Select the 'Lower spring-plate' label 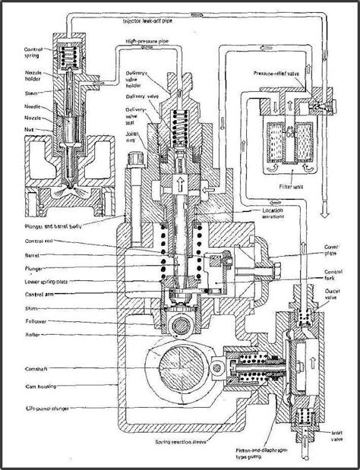tap(37, 280)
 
